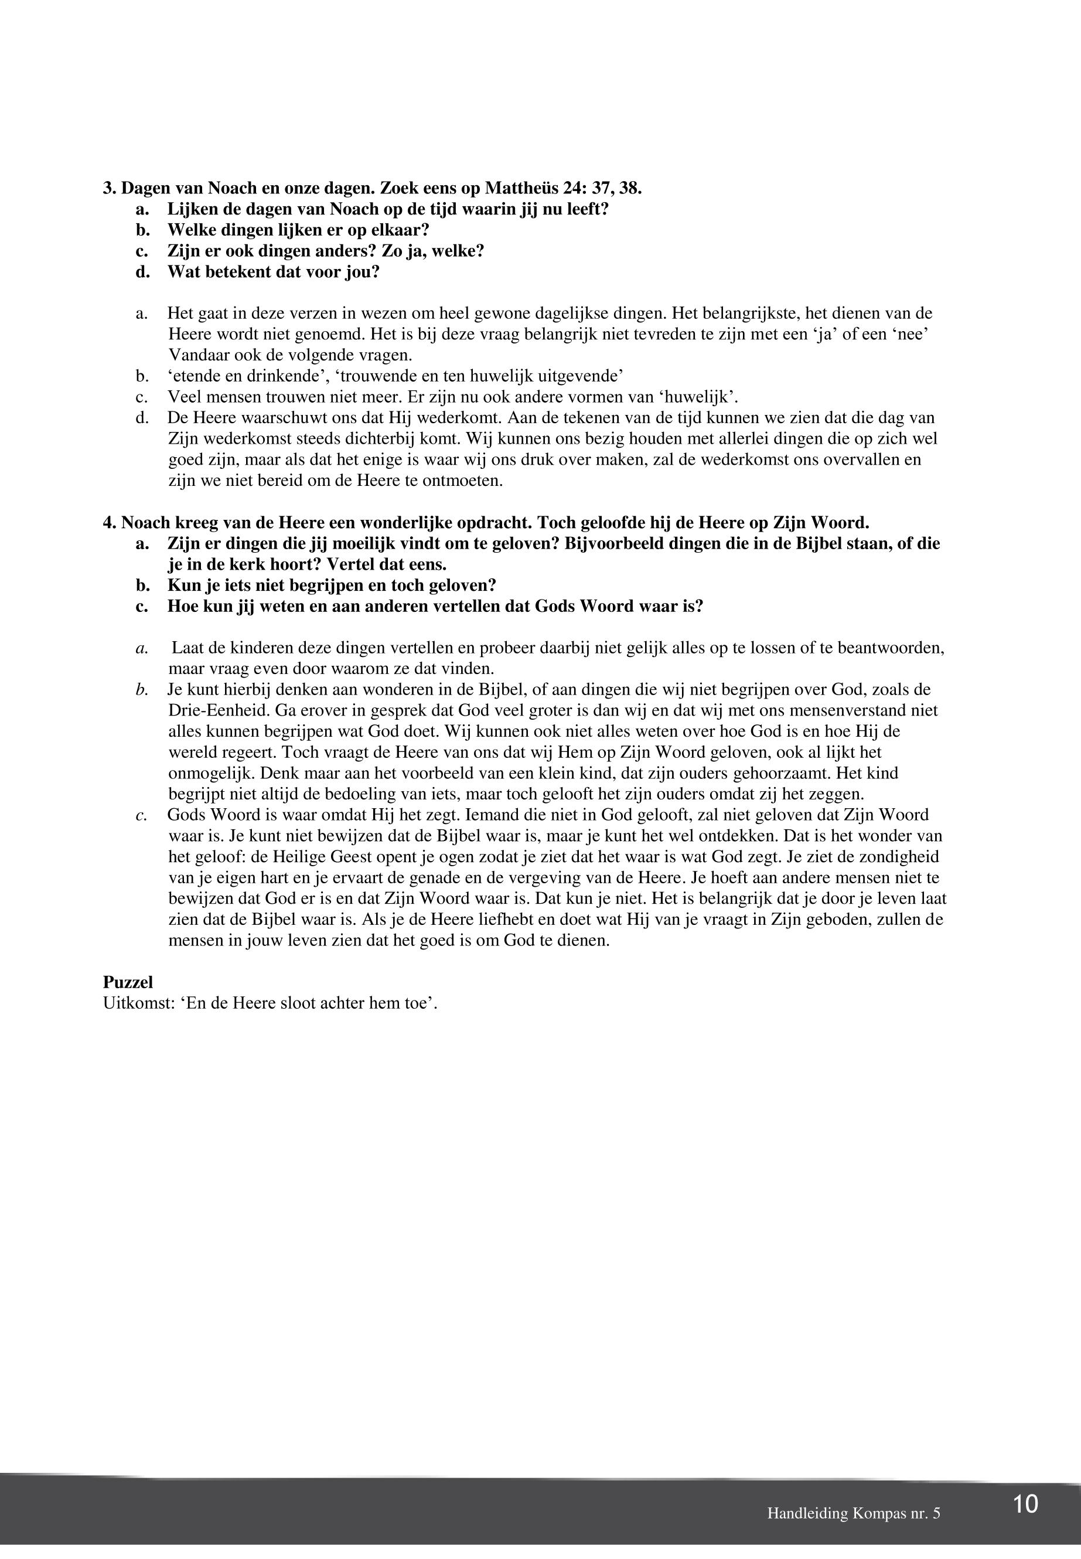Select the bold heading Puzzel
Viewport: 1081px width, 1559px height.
[128, 982]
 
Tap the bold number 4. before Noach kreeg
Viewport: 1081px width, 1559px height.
[110, 523]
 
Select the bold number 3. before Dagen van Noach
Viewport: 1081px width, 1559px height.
[110, 188]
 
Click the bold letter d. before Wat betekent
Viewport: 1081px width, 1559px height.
[142, 272]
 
